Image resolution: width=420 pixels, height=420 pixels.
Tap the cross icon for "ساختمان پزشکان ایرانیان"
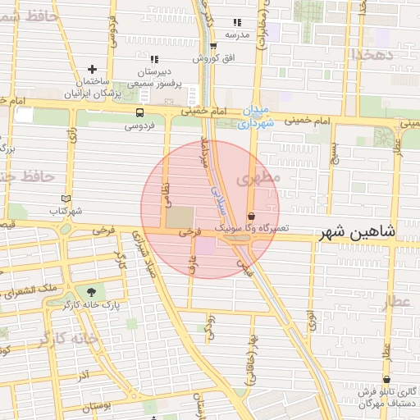pos(92,70)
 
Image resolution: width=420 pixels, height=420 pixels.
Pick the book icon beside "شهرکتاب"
pos(66,199)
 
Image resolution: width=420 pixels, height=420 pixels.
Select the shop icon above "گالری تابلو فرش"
pos(386,379)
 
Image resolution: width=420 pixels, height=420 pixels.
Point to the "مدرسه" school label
pos(237,34)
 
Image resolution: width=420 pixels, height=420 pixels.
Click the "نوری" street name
pos(313,321)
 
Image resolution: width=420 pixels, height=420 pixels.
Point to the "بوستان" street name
pos(96,406)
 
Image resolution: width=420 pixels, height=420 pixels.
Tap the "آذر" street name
pos(83,375)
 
